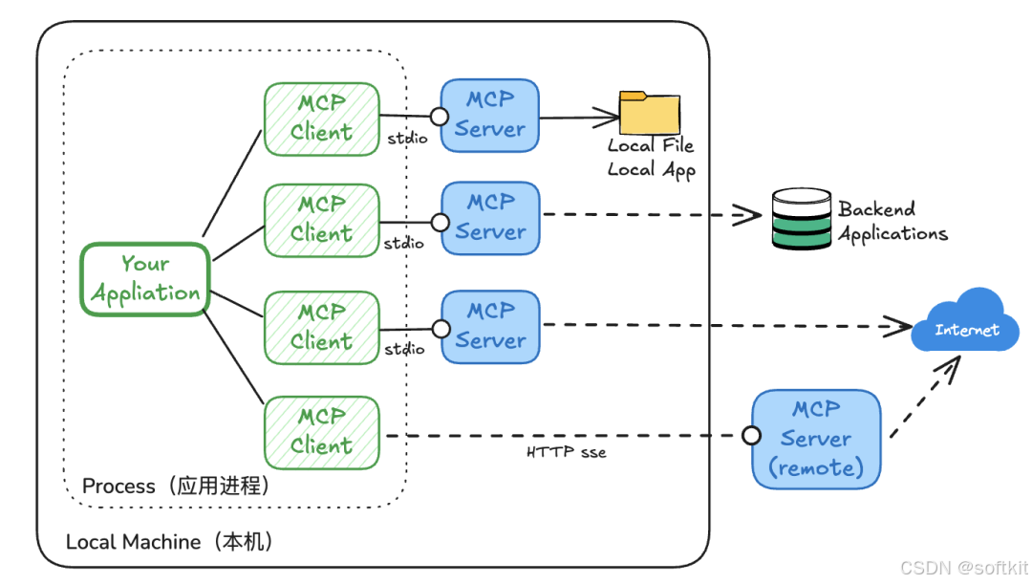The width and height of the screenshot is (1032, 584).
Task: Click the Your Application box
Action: pyautogui.click(x=145, y=278)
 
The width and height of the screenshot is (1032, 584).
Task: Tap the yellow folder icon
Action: pyautogui.click(x=650, y=113)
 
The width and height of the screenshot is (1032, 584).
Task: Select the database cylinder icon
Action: pyautogui.click(x=801, y=220)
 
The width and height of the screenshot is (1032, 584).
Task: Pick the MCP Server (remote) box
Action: pyautogui.click(x=816, y=439)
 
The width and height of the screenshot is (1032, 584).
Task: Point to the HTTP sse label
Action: pyautogui.click(x=567, y=452)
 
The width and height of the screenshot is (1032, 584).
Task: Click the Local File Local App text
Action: pyautogui.click(x=651, y=158)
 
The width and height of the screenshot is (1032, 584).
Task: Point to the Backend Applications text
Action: pyautogui.click(x=892, y=222)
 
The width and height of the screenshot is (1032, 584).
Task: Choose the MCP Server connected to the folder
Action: pyautogui.click(x=490, y=115)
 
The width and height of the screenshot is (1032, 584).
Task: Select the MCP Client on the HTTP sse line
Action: pyautogui.click(x=321, y=431)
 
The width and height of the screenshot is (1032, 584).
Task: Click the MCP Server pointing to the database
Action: pyautogui.click(x=490, y=217)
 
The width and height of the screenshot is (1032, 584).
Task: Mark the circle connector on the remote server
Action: pyautogui.click(x=752, y=436)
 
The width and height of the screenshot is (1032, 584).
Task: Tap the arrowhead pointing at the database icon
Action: pyautogui.click(x=751, y=214)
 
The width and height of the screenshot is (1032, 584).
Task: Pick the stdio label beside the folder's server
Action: pyautogui.click(x=407, y=140)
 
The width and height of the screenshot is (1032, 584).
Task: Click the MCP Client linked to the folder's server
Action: pyautogui.click(x=321, y=119)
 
